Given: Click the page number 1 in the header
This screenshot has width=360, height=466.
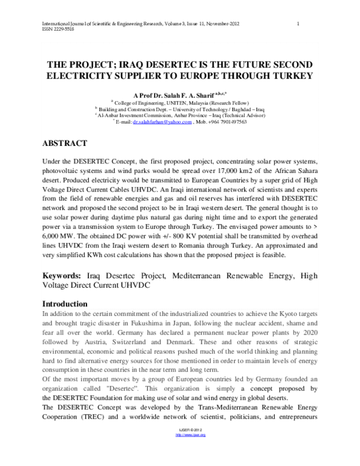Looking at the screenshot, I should point(298,23).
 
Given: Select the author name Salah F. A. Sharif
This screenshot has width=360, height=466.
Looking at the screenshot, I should point(171,95).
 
